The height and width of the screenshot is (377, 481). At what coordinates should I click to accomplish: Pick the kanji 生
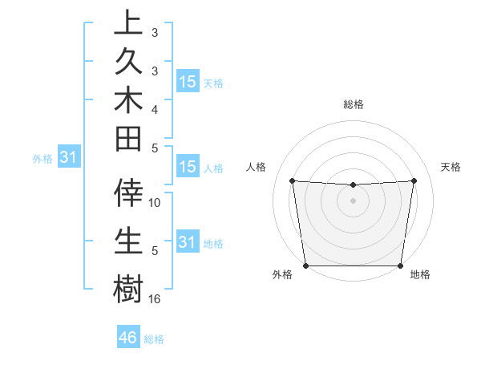point(128,241)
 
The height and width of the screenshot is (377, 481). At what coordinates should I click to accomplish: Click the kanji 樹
point(128,288)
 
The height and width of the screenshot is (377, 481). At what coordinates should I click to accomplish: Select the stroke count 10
point(155,203)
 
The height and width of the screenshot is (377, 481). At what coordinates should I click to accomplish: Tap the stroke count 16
point(155,299)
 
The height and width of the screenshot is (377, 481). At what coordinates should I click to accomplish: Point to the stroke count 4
point(155,108)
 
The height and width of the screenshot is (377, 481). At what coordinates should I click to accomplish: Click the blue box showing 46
point(128,338)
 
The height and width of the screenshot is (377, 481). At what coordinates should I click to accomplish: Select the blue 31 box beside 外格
point(69,158)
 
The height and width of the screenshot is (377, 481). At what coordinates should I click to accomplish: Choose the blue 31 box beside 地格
point(188,242)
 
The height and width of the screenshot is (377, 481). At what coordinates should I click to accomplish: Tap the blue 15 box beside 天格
point(188,82)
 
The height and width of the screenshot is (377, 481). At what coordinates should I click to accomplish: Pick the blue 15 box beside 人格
point(188,168)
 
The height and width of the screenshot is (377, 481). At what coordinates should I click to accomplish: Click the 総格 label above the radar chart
point(353,104)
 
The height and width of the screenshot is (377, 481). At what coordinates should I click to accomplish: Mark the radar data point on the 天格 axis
point(414,180)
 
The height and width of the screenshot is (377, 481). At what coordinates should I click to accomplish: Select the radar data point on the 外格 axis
point(306,265)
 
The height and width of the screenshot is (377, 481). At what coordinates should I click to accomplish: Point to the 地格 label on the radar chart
point(420,274)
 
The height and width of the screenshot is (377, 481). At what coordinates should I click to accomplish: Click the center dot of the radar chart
point(353,201)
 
